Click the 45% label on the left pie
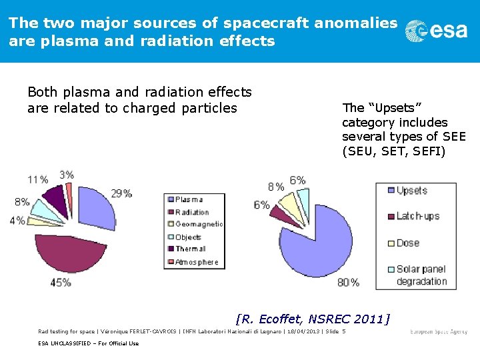point(60,283)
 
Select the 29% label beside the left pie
point(121,193)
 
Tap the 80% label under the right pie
point(348,283)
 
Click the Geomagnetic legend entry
point(199,225)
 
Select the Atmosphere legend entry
point(197,262)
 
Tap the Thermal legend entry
point(190,249)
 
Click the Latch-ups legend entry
point(417,216)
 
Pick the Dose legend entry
point(407,243)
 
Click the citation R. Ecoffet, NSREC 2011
point(313,318)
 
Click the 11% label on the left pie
point(37,179)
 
